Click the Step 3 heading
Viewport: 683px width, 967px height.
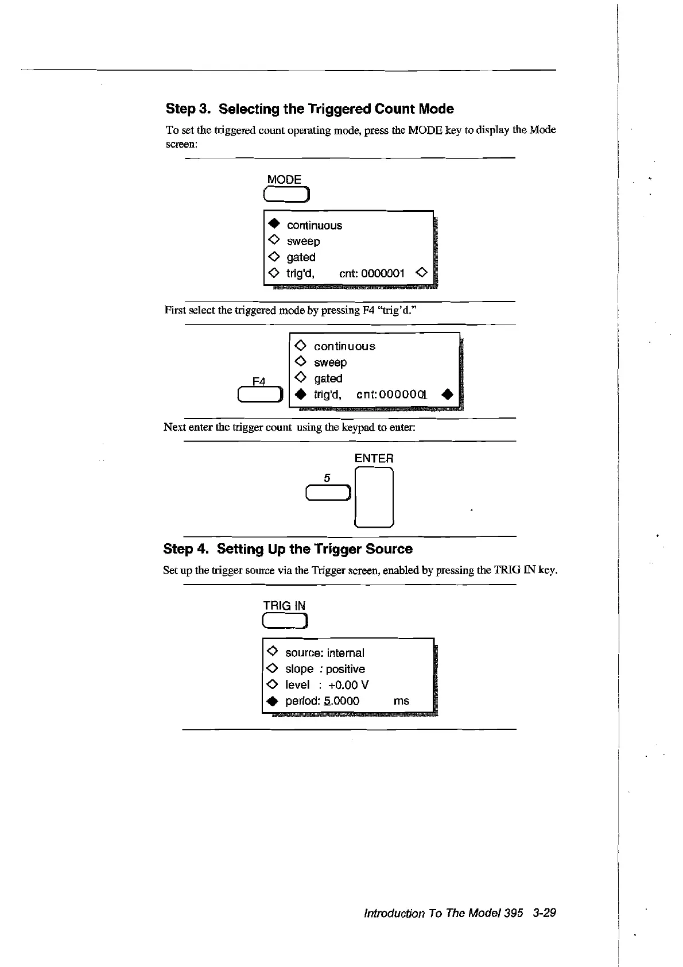[309, 109]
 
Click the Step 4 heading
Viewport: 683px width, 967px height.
[288, 549]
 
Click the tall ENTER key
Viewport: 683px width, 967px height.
[374, 497]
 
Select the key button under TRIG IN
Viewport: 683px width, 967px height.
[285, 621]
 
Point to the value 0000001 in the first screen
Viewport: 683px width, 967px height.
[383, 273]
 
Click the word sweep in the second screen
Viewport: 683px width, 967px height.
[330, 363]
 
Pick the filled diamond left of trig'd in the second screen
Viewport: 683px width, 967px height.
[301, 394]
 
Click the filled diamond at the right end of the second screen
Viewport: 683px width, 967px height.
[448, 394]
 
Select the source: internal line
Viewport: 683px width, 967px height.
[324, 653]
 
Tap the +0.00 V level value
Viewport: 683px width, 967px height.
[348, 685]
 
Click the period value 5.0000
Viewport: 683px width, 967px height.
[341, 701]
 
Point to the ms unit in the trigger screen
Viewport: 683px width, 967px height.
[401, 701]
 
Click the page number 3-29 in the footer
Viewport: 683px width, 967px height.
[544, 913]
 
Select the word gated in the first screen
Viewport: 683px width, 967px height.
[301, 257]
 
